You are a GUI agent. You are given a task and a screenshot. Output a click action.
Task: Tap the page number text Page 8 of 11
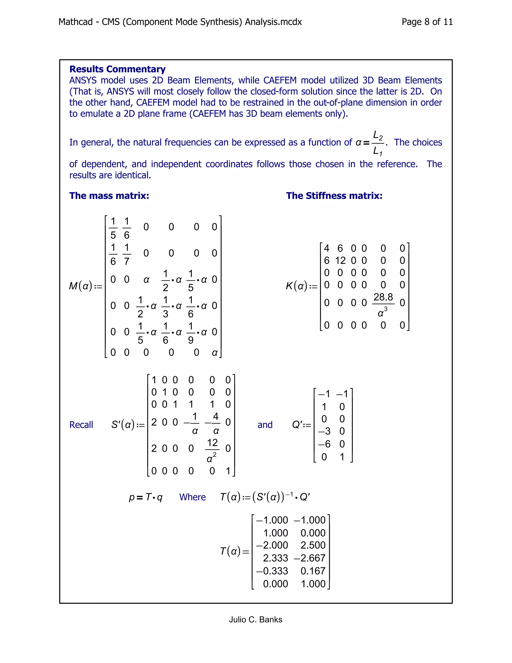tap(427, 22)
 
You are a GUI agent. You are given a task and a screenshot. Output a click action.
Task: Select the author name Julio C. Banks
tap(255, 619)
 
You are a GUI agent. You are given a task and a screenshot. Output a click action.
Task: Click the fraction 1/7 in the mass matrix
tap(126, 254)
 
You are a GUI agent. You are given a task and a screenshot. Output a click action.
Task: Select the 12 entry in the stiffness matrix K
tap(340, 260)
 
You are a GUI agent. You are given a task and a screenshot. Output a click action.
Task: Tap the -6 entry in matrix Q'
tap(324, 444)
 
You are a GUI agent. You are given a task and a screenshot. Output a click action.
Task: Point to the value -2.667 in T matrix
tap(309, 558)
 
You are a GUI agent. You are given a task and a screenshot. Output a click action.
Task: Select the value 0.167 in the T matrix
tap(313, 571)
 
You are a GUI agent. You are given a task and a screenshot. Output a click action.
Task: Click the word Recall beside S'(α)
tap(81, 425)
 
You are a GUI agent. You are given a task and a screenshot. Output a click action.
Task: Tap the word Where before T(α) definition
tap(192, 497)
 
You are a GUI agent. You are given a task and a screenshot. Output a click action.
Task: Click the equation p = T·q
tap(145, 497)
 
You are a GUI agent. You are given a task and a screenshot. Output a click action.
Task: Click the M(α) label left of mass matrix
tap(81, 286)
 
